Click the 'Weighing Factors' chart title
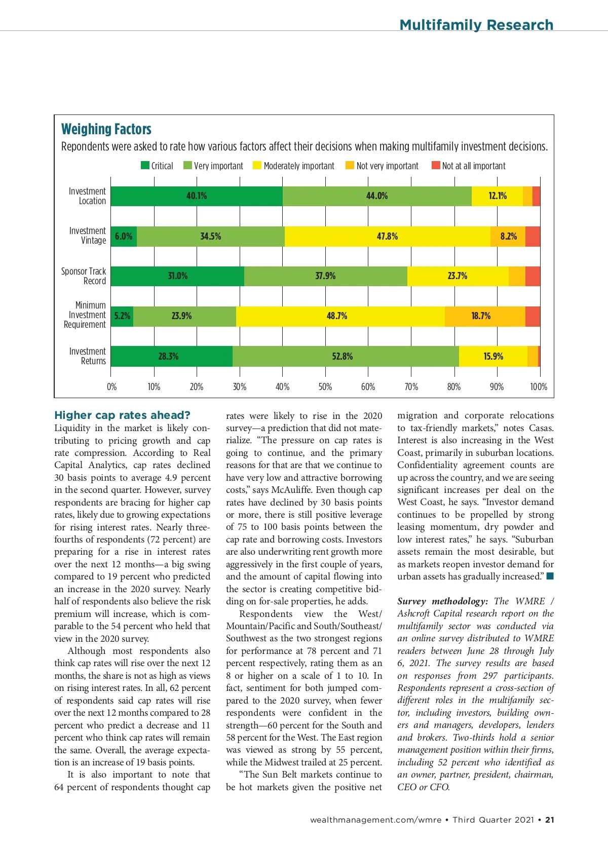(x=106, y=129)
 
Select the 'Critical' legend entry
(x=157, y=166)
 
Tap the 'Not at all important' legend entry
(x=468, y=166)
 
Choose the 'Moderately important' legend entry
(x=293, y=166)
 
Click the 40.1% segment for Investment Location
(x=197, y=196)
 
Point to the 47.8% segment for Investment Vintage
(x=387, y=237)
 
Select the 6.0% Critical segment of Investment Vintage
(x=124, y=237)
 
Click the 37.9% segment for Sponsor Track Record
(x=325, y=276)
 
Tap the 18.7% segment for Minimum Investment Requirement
(x=481, y=316)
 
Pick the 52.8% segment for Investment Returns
(x=343, y=357)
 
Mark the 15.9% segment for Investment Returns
(x=493, y=357)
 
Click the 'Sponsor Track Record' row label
(x=84, y=276)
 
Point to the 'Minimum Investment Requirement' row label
(x=85, y=315)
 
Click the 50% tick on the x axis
(x=325, y=387)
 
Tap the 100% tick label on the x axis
(x=539, y=387)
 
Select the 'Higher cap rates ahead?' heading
(x=123, y=415)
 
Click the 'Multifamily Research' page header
(x=476, y=25)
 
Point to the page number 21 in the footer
(x=550, y=820)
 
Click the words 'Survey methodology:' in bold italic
(x=443, y=601)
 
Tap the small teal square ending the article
(x=550, y=576)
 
